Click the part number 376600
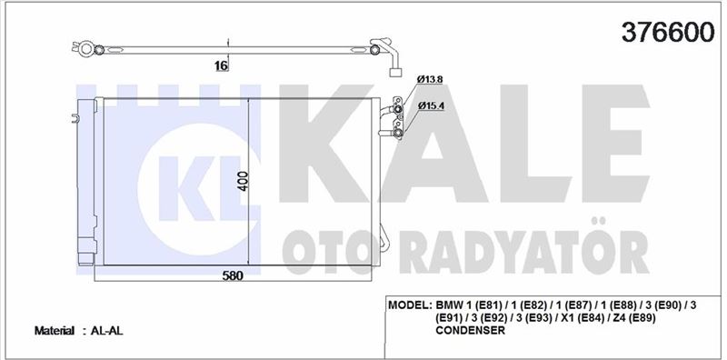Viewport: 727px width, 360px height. pos(668,32)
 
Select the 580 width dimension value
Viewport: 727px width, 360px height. pos(233,275)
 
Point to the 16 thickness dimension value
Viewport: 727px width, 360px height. pos(222,65)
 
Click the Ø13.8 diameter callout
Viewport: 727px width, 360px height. pos(430,79)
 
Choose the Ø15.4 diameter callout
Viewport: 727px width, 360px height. pos(431,105)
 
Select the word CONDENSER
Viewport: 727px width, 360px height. pos(470,330)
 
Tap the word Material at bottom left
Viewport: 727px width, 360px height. pos(55,331)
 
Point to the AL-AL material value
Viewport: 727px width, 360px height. pos(106,331)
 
